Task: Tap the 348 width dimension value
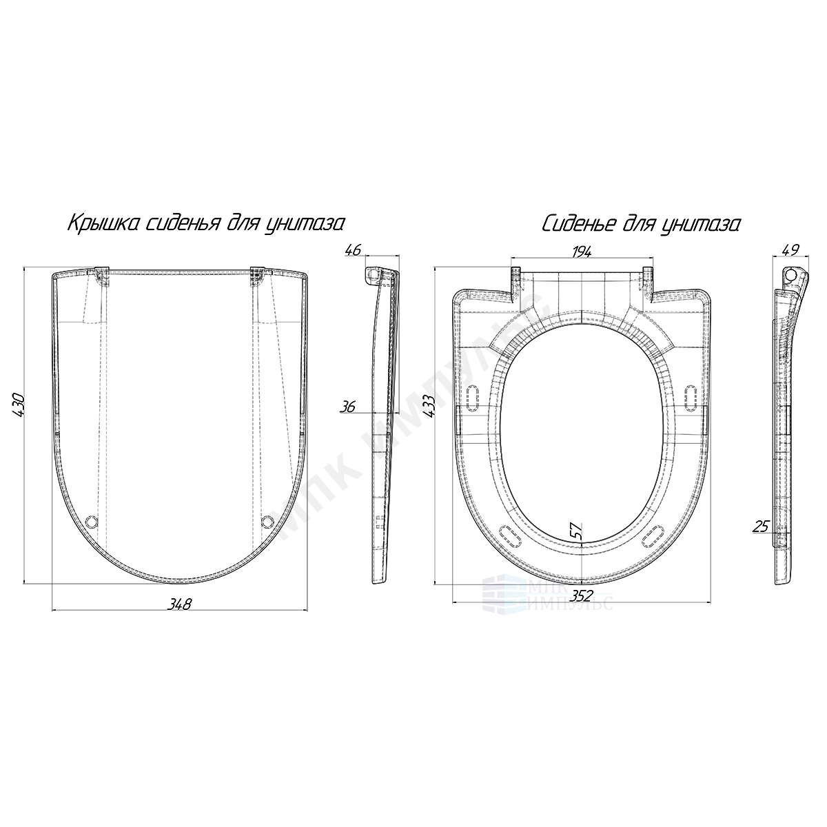(179, 604)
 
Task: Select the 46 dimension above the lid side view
(354, 249)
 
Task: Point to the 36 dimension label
(347, 407)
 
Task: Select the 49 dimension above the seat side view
(790, 249)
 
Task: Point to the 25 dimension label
(761, 526)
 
